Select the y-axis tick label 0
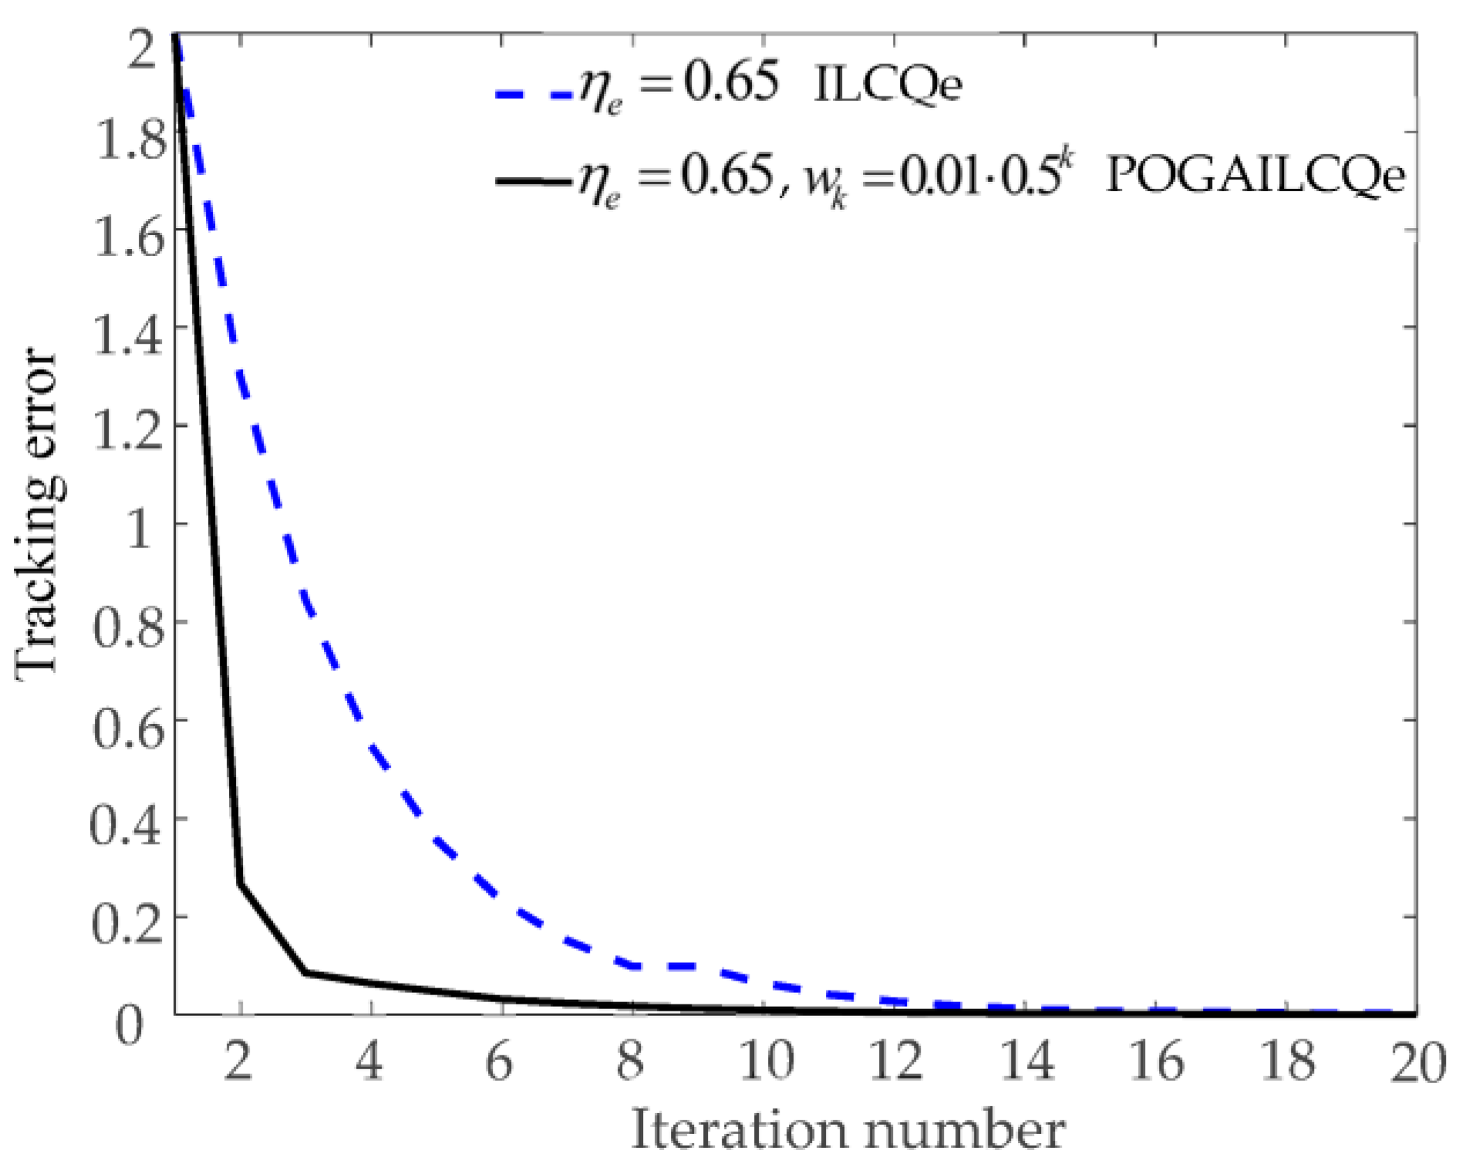(130, 1024)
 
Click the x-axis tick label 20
(1417, 1062)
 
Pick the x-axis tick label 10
(767, 1062)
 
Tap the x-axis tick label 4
(371, 1062)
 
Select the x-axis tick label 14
(1027, 1062)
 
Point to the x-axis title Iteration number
(848, 1130)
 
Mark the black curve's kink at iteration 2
(241, 884)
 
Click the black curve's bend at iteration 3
(306, 972)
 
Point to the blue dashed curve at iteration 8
(632, 965)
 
